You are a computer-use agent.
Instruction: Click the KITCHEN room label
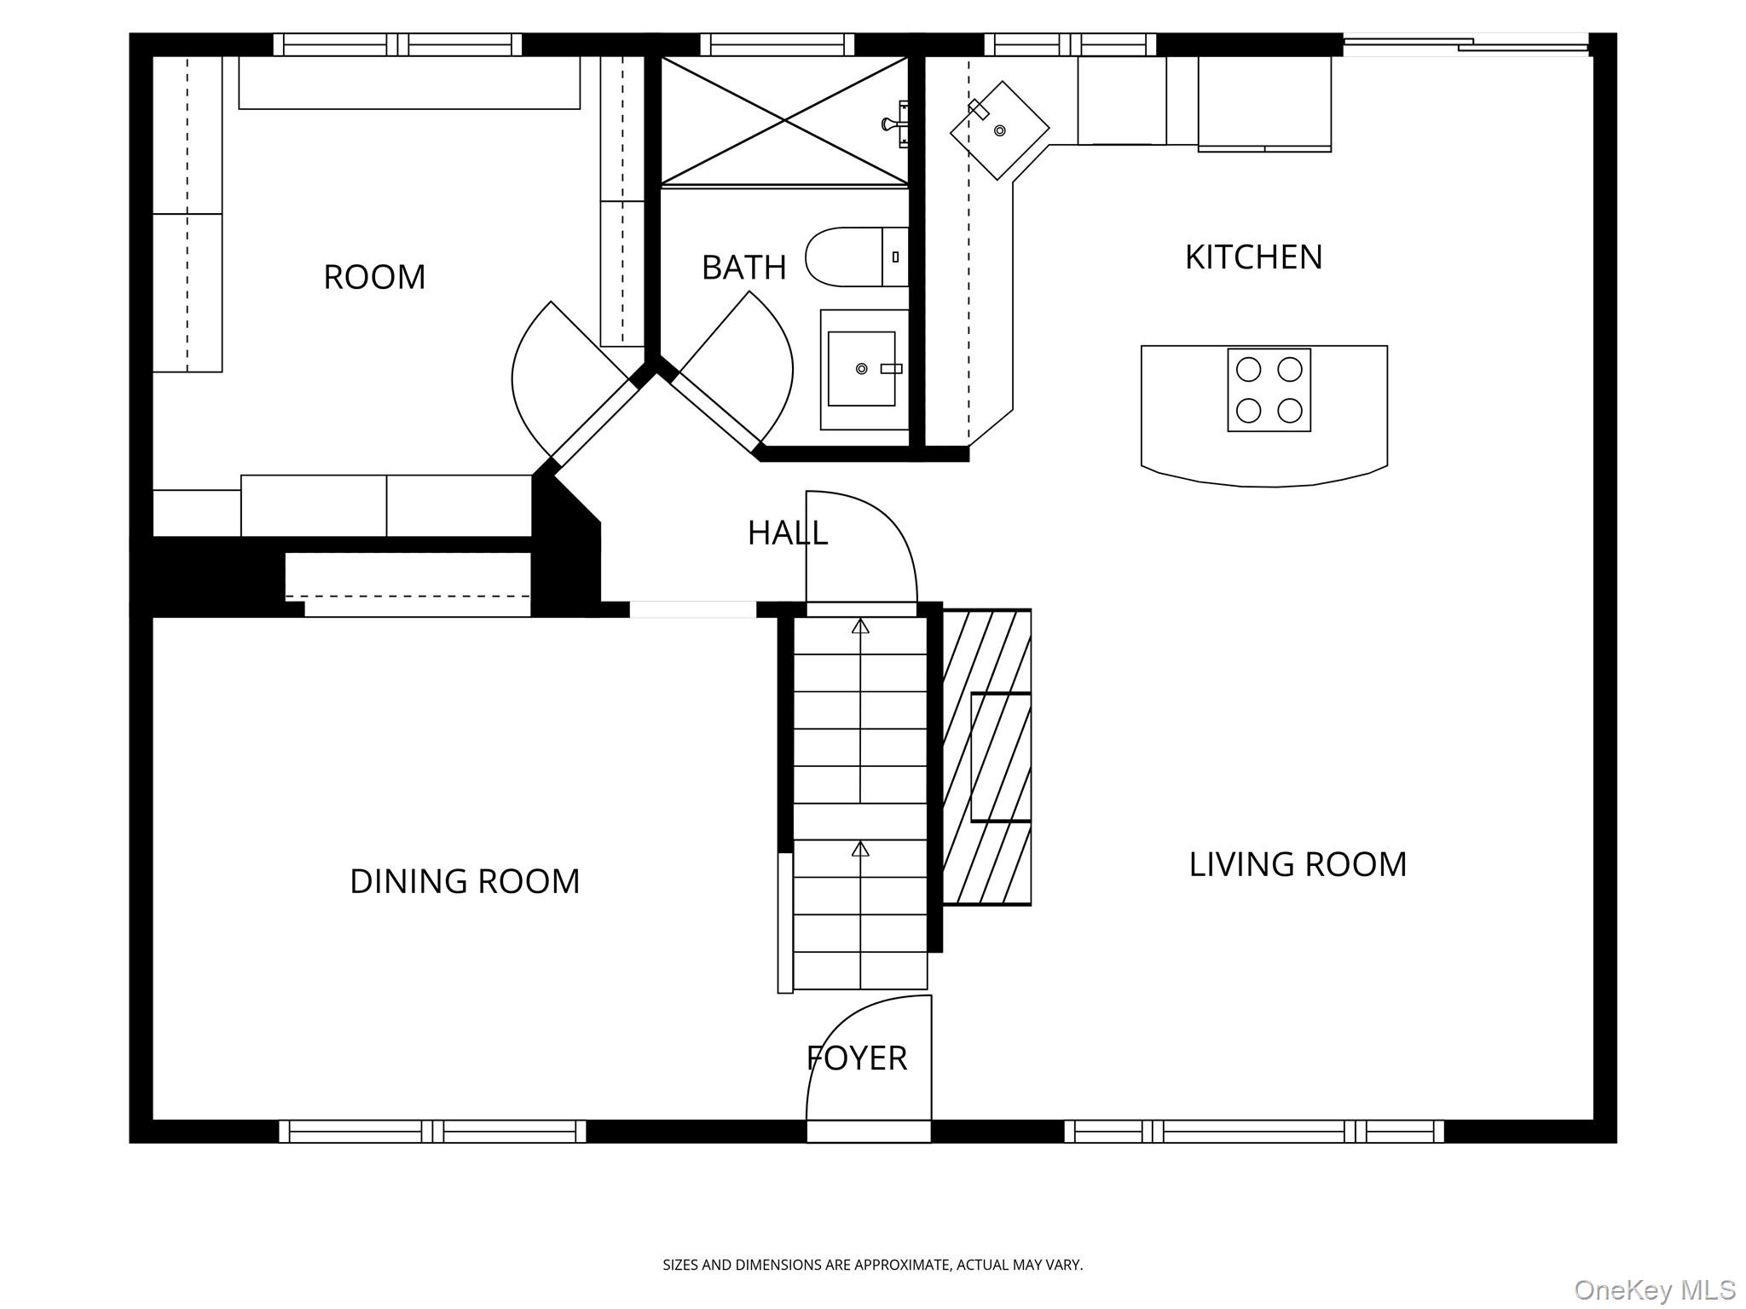pyautogui.click(x=1253, y=257)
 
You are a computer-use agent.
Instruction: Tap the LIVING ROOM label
pyautogui.click(x=1298, y=864)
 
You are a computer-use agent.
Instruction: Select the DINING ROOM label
pyautogui.click(x=465, y=881)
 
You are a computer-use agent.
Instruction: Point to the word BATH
pyautogui.click(x=743, y=268)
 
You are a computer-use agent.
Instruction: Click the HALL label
pyautogui.click(x=788, y=533)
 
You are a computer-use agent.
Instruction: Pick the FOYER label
pyautogui.click(x=857, y=1058)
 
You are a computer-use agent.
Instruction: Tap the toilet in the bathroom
pyautogui.click(x=857, y=257)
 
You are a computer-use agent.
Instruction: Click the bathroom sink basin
pyautogui.click(x=862, y=369)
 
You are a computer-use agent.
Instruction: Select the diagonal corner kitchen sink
pyautogui.click(x=1000, y=130)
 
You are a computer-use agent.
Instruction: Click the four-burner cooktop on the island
pyautogui.click(x=1269, y=390)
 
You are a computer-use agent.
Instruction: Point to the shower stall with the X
pyautogui.click(x=784, y=120)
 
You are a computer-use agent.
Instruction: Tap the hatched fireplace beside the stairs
pyautogui.click(x=987, y=757)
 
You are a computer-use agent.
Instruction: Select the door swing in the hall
pyautogui.click(x=862, y=546)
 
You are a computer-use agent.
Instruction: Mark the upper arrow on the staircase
pyautogui.click(x=860, y=626)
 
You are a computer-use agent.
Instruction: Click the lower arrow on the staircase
pyautogui.click(x=860, y=849)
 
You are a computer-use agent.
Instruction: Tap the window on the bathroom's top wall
pyautogui.click(x=778, y=44)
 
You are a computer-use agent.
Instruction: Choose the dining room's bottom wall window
pyautogui.click(x=433, y=1132)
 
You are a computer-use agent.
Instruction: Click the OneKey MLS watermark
pyautogui.click(x=1655, y=1290)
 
